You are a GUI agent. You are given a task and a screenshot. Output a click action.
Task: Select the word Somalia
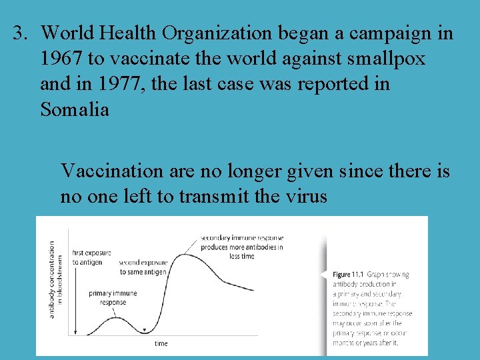74,109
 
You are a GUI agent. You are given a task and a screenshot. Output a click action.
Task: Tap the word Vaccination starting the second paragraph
111,171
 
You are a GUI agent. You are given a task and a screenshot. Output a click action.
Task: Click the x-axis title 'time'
161,343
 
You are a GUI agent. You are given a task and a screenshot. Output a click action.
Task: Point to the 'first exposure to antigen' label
91,257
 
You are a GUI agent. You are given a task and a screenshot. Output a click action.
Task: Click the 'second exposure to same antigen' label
145,267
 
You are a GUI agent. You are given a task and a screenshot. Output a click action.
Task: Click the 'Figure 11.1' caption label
349,275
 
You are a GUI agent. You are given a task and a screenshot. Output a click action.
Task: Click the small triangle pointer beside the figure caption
325,274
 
